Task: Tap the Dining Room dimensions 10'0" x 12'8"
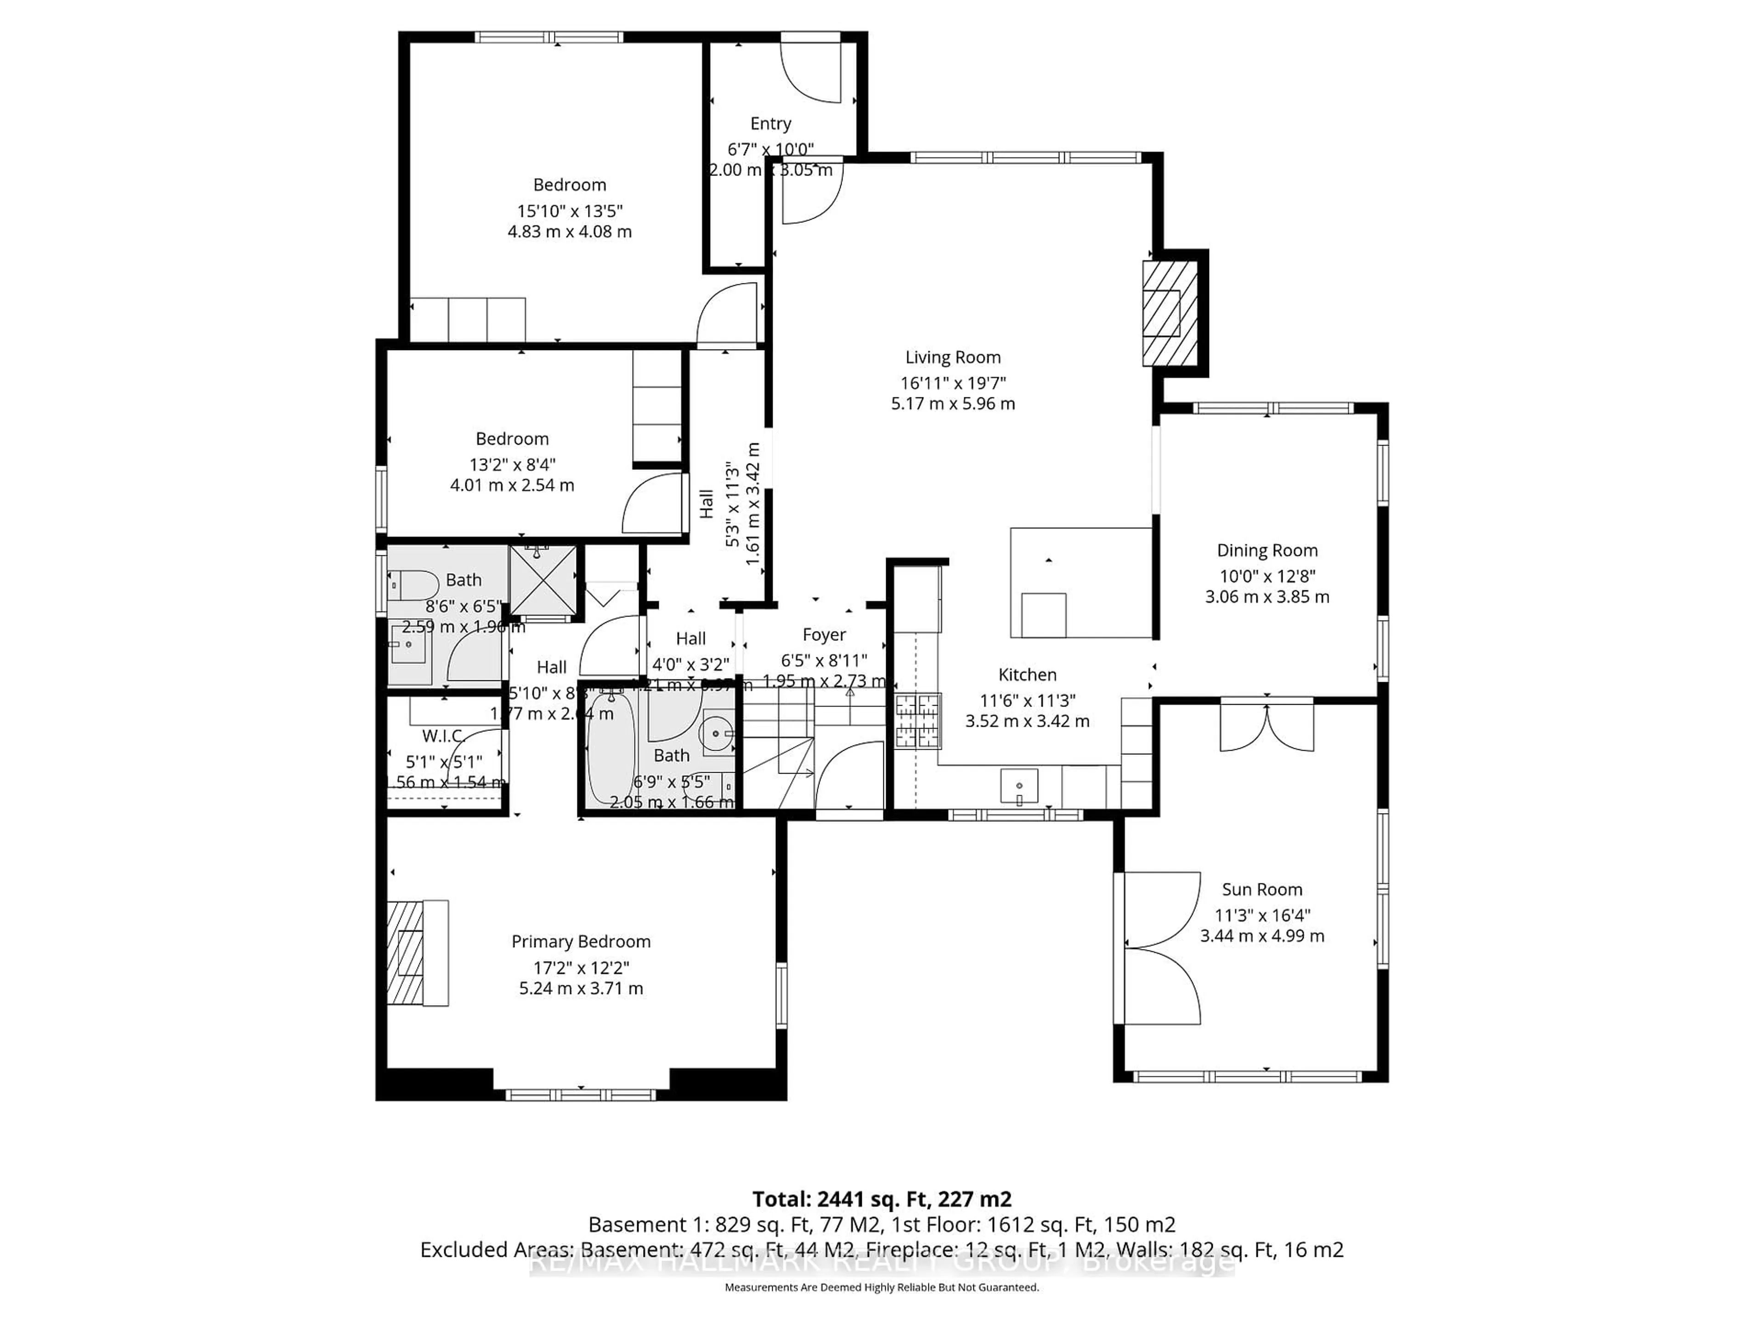[1266, 576]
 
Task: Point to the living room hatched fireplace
[1170, 313]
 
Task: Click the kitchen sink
[1019, 786]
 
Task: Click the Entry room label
[770, 124]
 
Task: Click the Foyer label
[824, 635]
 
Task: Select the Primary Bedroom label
[581, 942]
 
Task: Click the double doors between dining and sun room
[1266, 726]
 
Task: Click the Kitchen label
[1027, 675]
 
